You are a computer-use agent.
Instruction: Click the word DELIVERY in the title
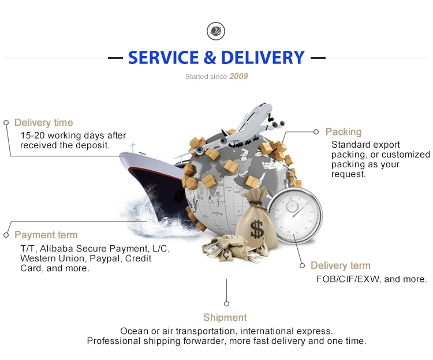(x=263, y=58)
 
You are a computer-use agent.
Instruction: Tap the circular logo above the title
(x=216, y=31)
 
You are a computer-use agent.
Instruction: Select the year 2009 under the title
(x=238, y=76)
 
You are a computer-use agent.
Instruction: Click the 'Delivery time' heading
(x=44, y=122)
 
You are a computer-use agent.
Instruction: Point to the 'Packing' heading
(x=344, y=132)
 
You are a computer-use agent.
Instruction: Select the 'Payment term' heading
(x=46, y=235)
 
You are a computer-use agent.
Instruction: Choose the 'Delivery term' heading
(x=341, y=265)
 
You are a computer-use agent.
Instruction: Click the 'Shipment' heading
(x=225, y=317)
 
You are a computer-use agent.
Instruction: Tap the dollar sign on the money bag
(x=257, y=229)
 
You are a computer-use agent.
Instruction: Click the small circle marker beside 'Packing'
(x=316, y=132)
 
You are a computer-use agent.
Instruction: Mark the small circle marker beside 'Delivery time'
(x=6, y=122)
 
